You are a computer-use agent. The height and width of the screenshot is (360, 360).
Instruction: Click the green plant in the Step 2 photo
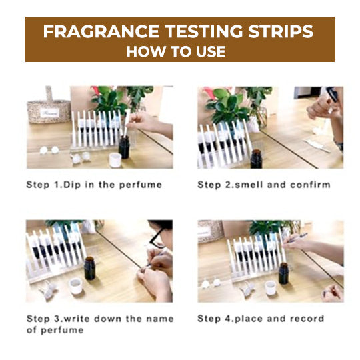[224, 103]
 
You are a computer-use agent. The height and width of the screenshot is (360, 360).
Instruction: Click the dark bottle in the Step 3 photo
[89, 267]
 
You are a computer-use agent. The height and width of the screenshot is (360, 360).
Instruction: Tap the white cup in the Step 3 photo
[75, 286]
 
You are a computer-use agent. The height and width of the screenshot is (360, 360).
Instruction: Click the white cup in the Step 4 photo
[271, 287]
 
